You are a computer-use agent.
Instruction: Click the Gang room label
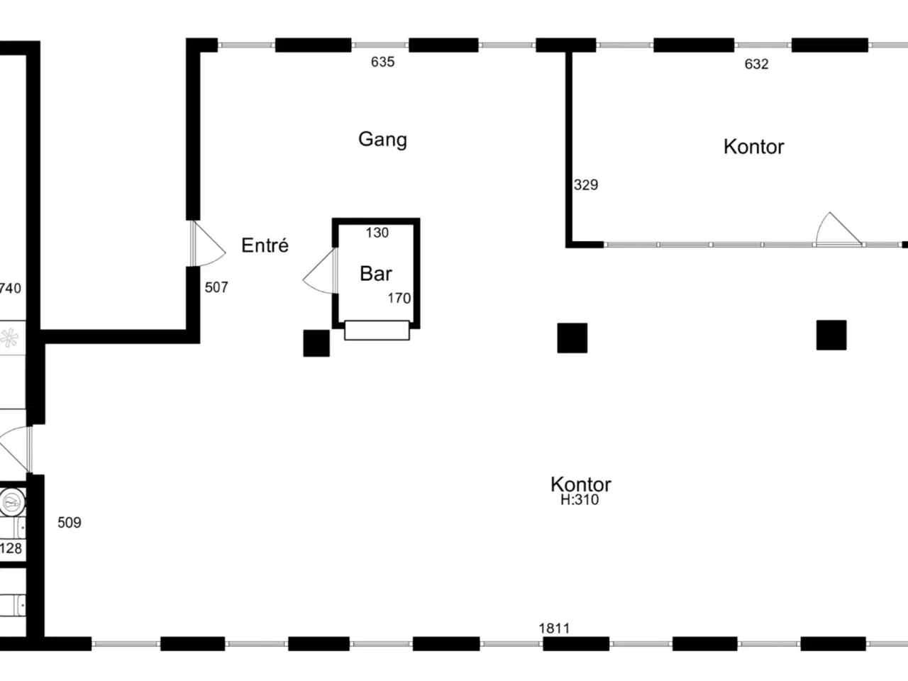(382, 140)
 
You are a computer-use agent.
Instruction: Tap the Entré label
(265, 245)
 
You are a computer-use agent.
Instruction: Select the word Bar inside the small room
(375, 273)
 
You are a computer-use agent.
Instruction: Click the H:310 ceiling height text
(580, 499)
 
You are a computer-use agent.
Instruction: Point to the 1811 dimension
(554, 628)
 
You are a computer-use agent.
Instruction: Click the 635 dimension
(382, 62)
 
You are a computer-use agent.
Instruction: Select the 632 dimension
(757, 64)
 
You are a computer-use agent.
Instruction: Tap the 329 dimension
(586, 184)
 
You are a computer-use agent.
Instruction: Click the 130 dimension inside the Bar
(377, 233)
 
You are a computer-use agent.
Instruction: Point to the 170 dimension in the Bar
(399, 298)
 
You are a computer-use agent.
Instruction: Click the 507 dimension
(216, 287)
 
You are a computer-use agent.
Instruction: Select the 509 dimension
(70, 523)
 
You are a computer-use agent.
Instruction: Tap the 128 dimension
(11, 548)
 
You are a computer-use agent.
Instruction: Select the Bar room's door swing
(319, 271)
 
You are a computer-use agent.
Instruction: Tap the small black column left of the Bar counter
(316, 343)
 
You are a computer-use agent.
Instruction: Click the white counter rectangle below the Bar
(377, 331)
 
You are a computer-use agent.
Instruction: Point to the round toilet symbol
(12, 502)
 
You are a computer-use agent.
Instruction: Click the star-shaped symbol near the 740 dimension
(9, 338)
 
